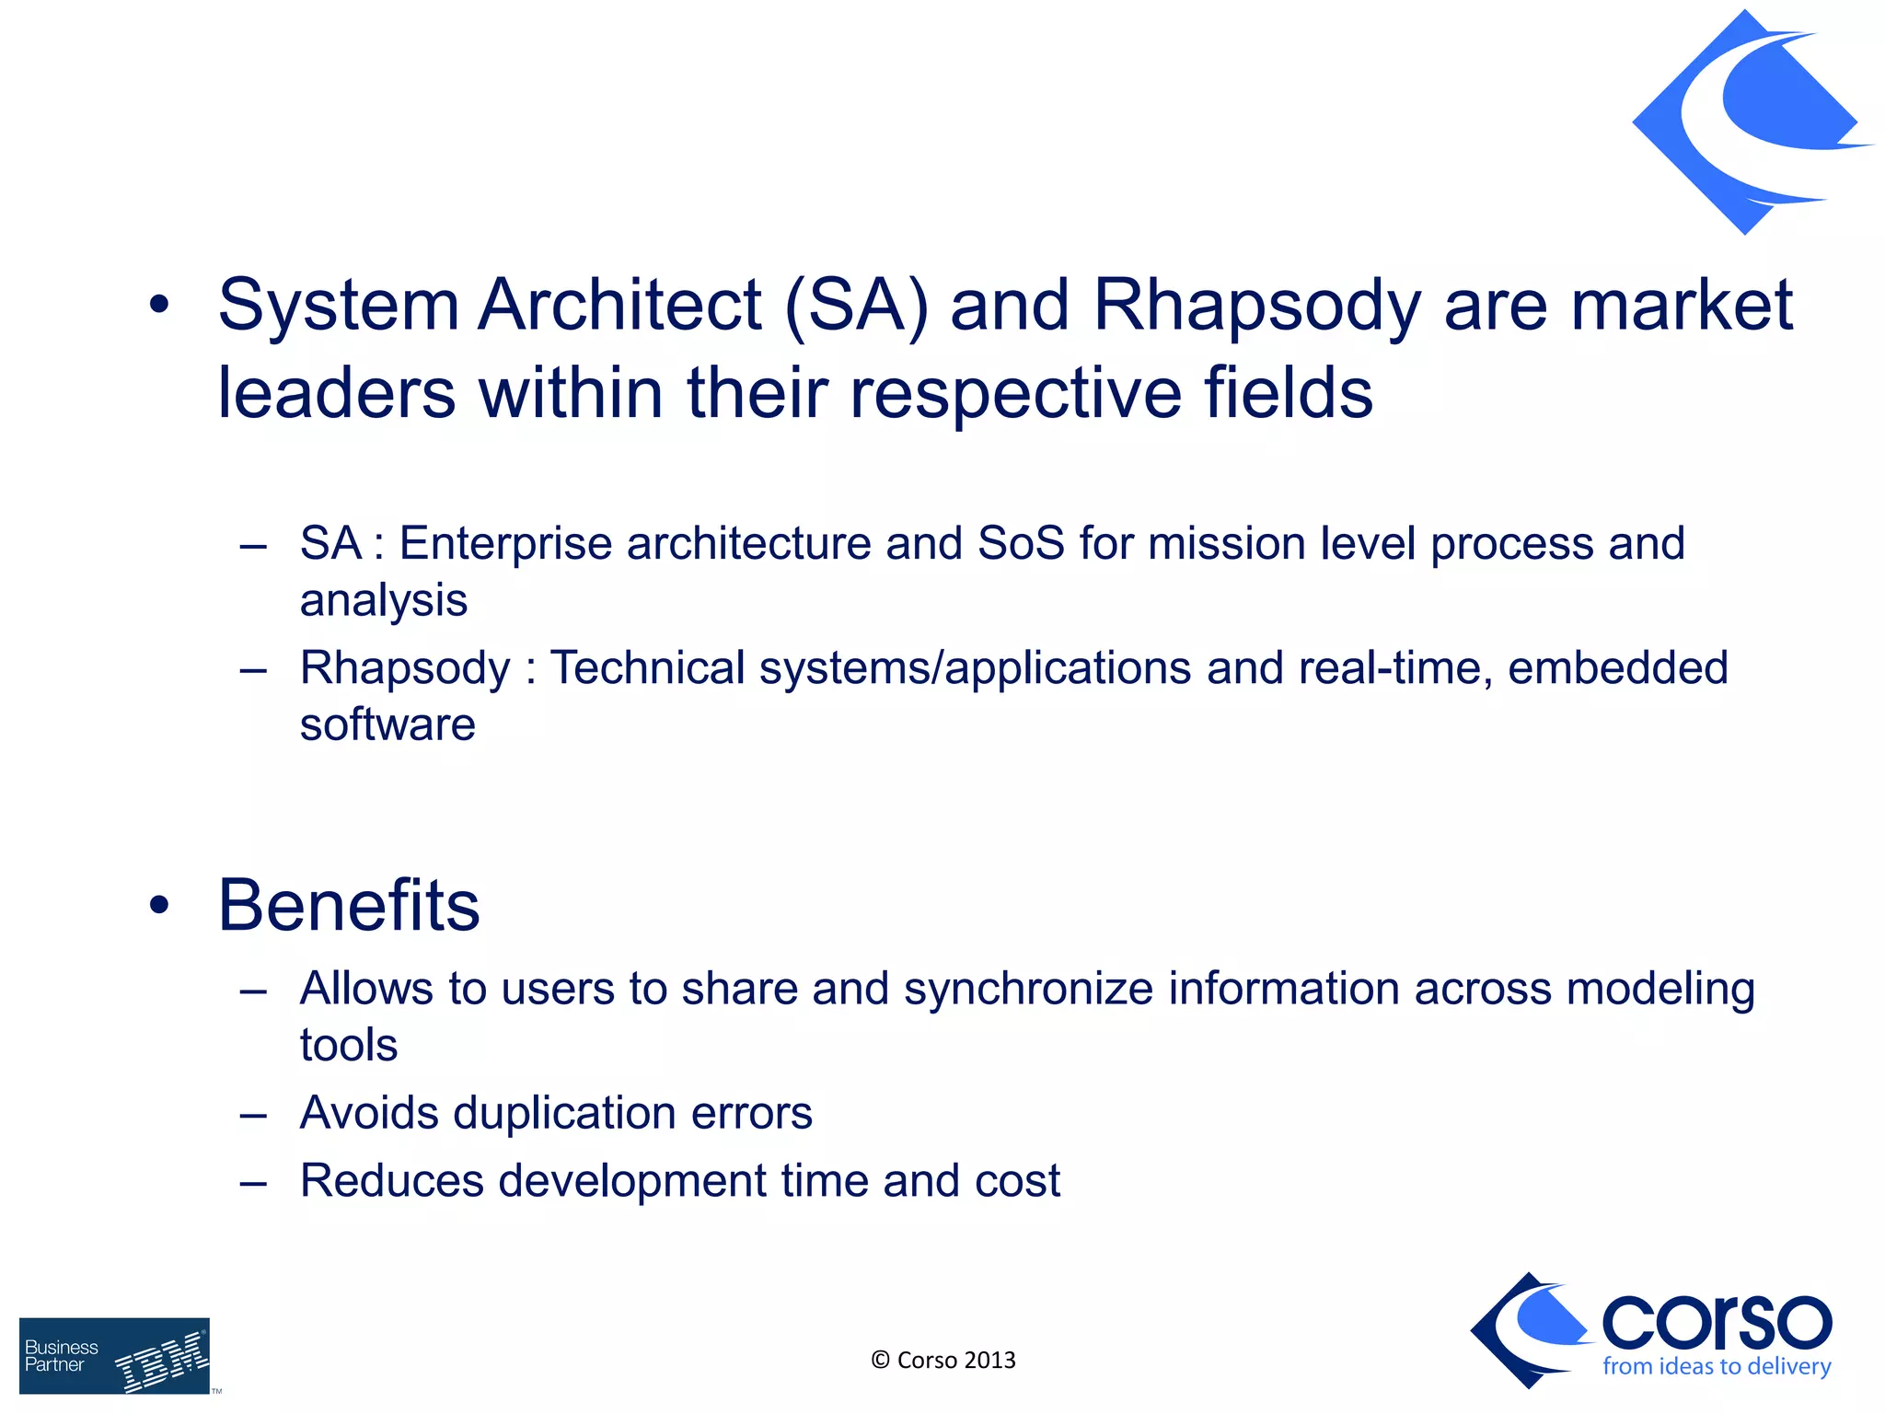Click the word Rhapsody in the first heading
[x=1256, y=306]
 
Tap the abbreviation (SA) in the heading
[x=856, y=306]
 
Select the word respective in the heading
[x=1015, y=393]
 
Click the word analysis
[x=383, y=601]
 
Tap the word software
[x=387, y=724]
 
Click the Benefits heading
[x=349, y=906]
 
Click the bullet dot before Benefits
[x=159, y=906]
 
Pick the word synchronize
[x=1028, y=989]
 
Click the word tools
[x=349, y=1046]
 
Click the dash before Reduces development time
[x=253, y=1182]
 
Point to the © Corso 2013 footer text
[x=942, y=1361]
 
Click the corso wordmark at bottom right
[x=1716, y=1324]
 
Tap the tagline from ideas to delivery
[x=1716, y=1367]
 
